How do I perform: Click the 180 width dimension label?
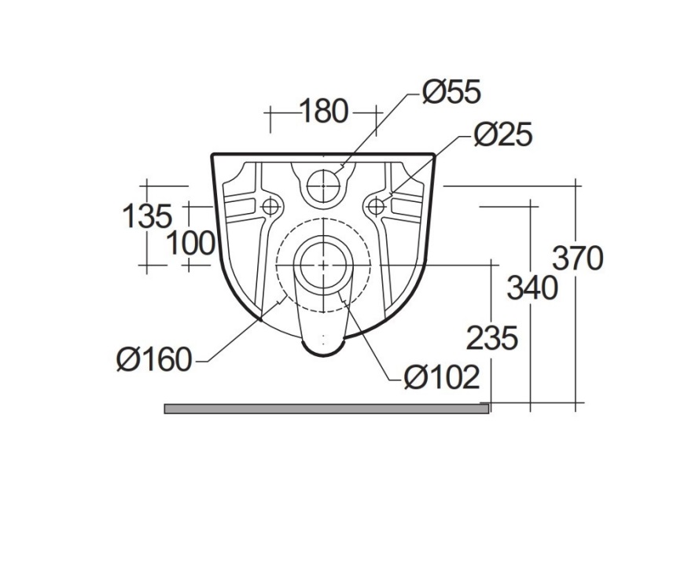point(323,112)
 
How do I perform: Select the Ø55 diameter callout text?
point(451,93)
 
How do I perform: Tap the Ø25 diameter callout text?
point(502,135)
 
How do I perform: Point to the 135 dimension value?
point(146,215)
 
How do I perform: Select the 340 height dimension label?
point(532,288)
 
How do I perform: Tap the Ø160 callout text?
point(154,360)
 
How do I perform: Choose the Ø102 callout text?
point(441,378)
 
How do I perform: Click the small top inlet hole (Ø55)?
point(323,185)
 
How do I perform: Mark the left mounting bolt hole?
point(270,207)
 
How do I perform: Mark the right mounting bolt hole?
point(376,207)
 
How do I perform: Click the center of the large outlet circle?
point(323,264)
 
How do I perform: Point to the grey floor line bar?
point(326,408)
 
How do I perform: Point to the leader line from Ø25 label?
point(429,164)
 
